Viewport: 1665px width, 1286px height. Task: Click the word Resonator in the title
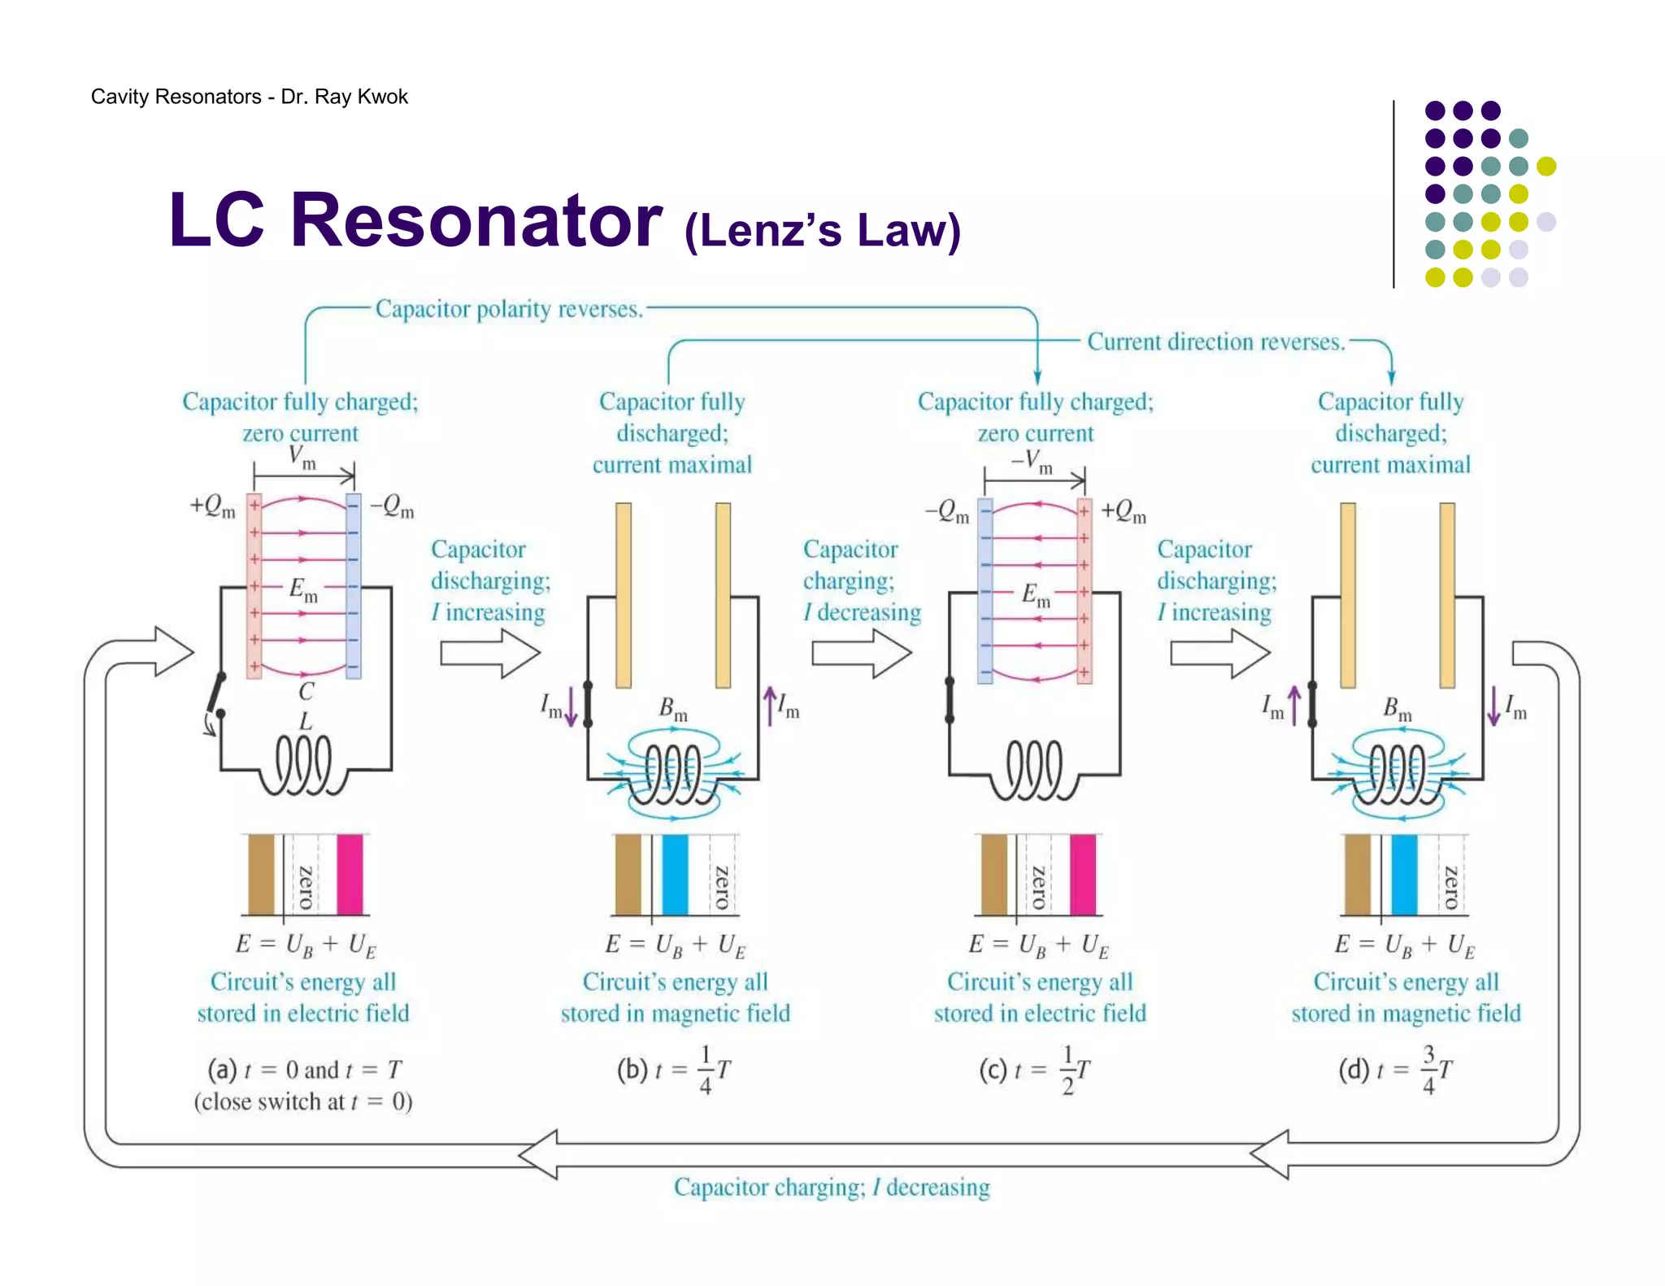(476, 221)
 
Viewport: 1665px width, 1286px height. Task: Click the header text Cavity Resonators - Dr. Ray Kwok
(249, 97)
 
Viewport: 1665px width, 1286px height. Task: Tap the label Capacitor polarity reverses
(509, 309)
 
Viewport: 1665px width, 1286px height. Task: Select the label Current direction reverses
(1215, 341)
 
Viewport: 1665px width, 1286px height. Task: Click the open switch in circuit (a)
(216, 696)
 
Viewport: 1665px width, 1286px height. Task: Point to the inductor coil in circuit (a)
(303, 764)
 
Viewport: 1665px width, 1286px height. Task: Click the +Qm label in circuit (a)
(212, 506)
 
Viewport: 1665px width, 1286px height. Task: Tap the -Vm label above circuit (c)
(1032, 461)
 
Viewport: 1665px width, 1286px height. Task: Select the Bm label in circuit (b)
(672, 709)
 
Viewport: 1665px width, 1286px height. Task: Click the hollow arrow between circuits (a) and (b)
(490, 653)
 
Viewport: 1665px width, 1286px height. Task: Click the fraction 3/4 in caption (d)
(1428, 1070)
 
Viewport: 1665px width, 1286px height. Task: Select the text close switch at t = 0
(302, 1102)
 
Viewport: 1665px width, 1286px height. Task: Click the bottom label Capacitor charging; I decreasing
(832, 1188)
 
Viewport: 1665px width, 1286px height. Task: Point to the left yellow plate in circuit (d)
(1347, 595)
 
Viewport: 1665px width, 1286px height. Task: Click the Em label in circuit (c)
(1035, 595)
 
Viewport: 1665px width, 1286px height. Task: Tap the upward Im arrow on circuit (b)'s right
(769, 706)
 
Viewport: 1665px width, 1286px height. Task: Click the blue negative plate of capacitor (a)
(353, 585)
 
